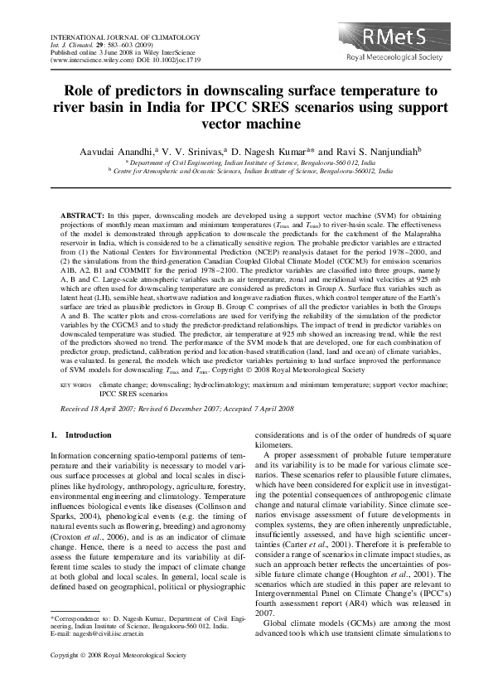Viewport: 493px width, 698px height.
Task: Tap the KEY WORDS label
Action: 77,385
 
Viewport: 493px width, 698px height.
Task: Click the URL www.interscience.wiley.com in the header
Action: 90,61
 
